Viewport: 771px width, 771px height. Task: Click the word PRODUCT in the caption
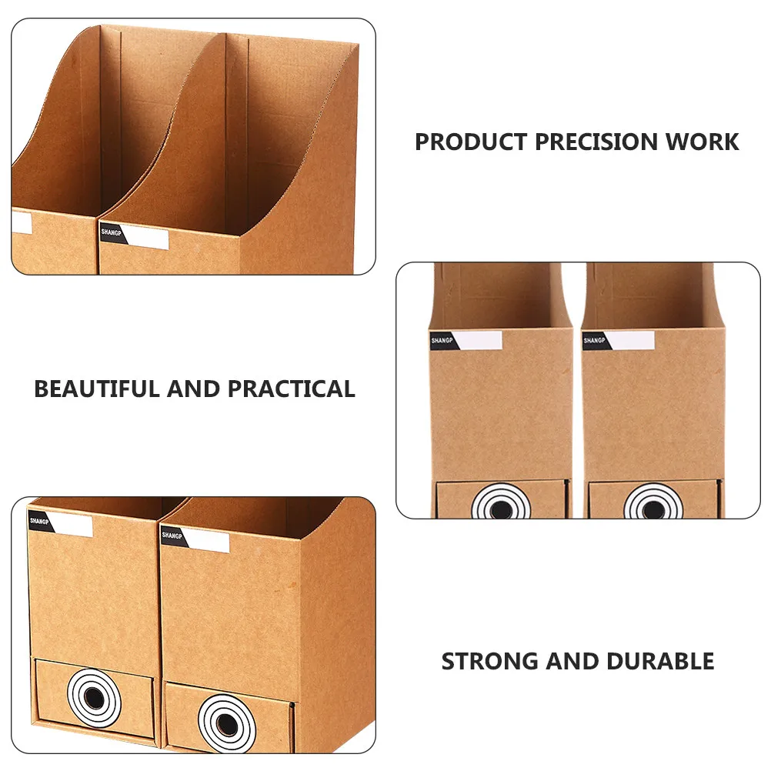click(471, 142)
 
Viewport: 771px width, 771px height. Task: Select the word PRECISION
click(596, 142)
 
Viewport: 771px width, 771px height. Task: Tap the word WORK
click(703, 142)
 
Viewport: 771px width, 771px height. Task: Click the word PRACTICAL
click(291, 389)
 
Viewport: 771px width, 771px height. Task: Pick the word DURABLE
click(660, 661)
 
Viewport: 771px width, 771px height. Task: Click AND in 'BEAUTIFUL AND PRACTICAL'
click(194, 389)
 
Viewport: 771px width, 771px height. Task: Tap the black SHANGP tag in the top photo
click(112, 234)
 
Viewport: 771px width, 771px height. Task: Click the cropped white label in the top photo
click(21, 222)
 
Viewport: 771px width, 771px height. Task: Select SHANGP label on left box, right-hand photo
click(466, 341)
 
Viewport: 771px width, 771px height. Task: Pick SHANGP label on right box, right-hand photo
click(619, 341)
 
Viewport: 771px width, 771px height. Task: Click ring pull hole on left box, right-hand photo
click(501, 509)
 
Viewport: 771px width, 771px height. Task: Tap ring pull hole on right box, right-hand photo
click(653, 509)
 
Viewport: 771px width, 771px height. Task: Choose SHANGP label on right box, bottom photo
click(195, 539)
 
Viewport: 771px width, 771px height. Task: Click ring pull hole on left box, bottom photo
click(93, 697)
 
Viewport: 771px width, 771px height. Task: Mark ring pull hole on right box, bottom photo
click(227, 723)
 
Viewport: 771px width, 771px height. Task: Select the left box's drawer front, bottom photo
click(95, 698)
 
